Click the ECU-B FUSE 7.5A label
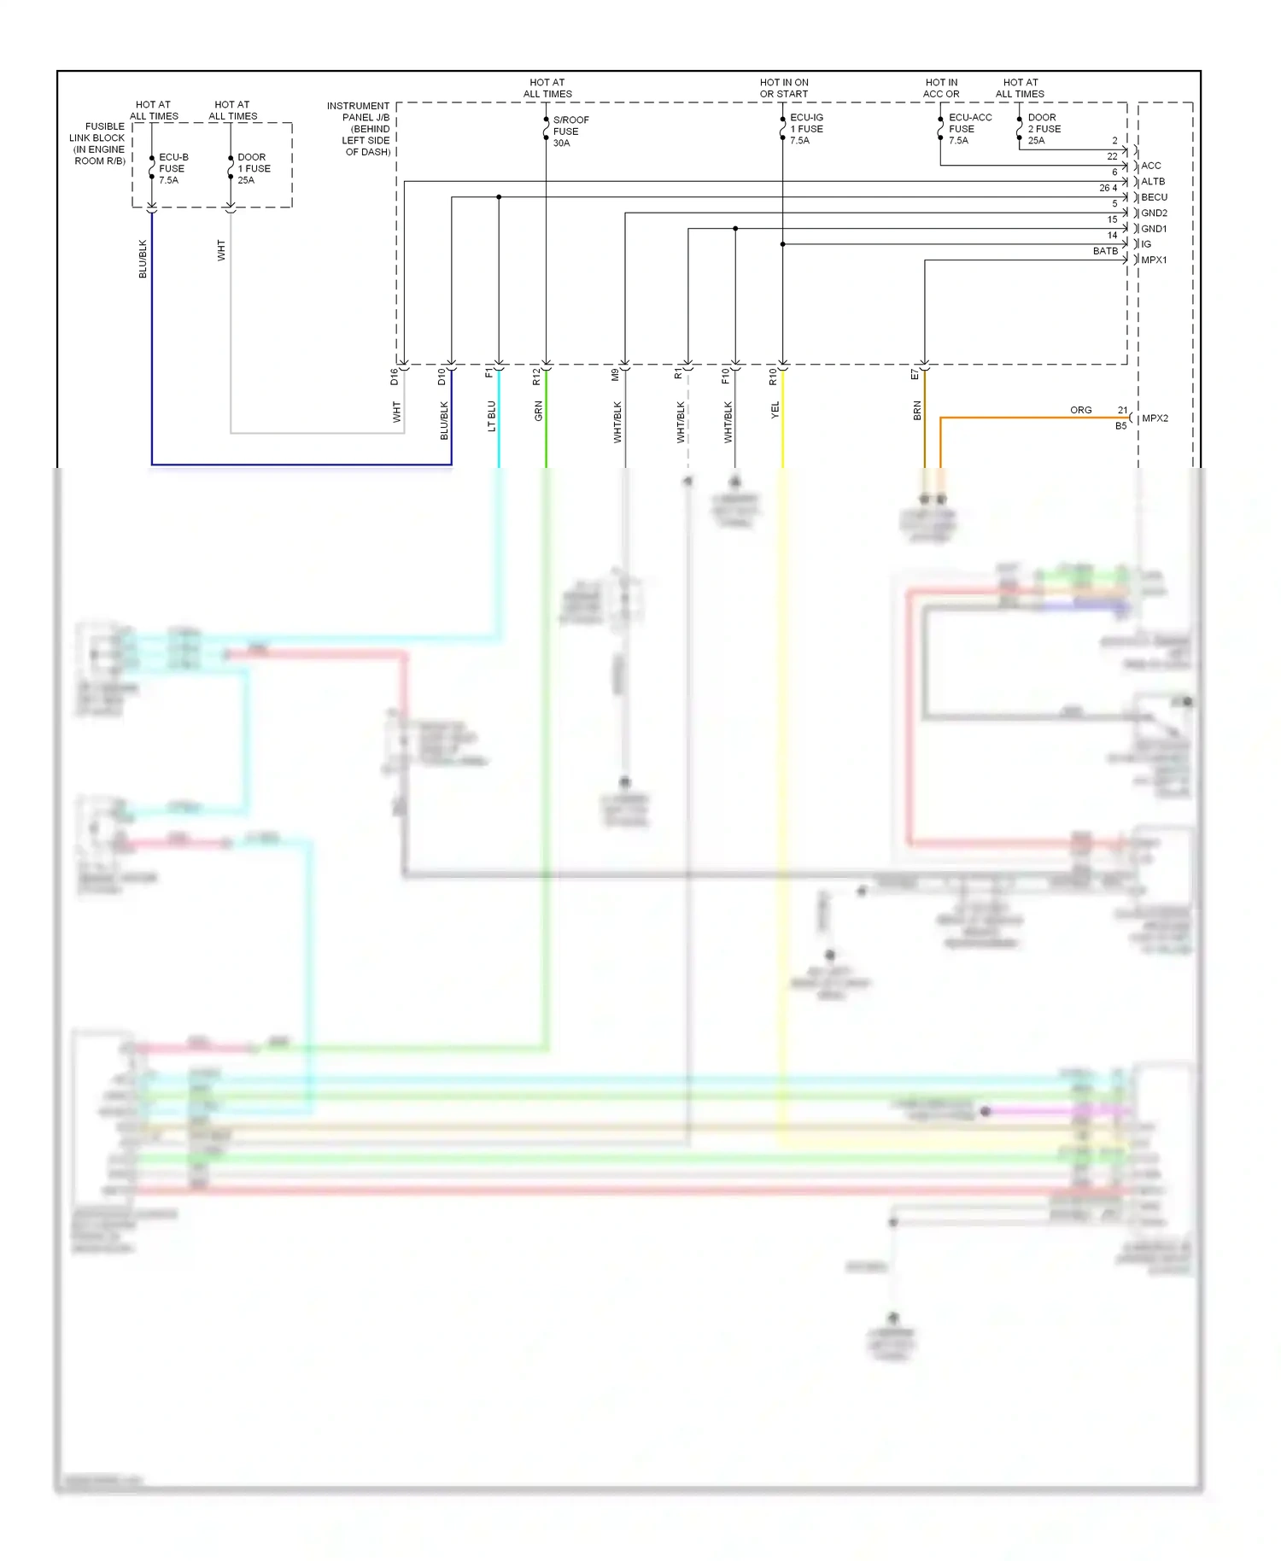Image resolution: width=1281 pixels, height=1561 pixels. (173, 168)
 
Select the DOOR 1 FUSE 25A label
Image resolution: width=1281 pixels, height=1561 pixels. (253, 168)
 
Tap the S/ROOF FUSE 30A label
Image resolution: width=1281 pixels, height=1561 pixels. (570, 132)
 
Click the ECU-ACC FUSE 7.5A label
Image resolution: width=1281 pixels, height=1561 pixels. (969, 129)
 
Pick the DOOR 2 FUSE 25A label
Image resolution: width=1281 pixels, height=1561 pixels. (1044, 129)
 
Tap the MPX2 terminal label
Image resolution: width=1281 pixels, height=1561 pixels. (1155, 418)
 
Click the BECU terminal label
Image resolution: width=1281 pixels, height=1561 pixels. (1154, 197)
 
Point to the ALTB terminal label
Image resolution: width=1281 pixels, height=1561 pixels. (1153, 182)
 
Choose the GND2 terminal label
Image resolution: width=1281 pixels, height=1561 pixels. (1154, 213)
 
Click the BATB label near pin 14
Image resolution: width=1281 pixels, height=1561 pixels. (1105, 251)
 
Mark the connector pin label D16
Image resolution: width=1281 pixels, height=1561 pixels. (395, 377)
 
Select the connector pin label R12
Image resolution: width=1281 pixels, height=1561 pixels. (536, 377)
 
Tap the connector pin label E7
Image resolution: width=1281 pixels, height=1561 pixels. (915, 375)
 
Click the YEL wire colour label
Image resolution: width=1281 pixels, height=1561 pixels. (775, 410)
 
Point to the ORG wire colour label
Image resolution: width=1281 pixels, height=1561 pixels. (1080, 411)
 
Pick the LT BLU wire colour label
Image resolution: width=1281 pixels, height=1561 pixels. (491, 416)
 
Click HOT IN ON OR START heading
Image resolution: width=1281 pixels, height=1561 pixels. (784, 89)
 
